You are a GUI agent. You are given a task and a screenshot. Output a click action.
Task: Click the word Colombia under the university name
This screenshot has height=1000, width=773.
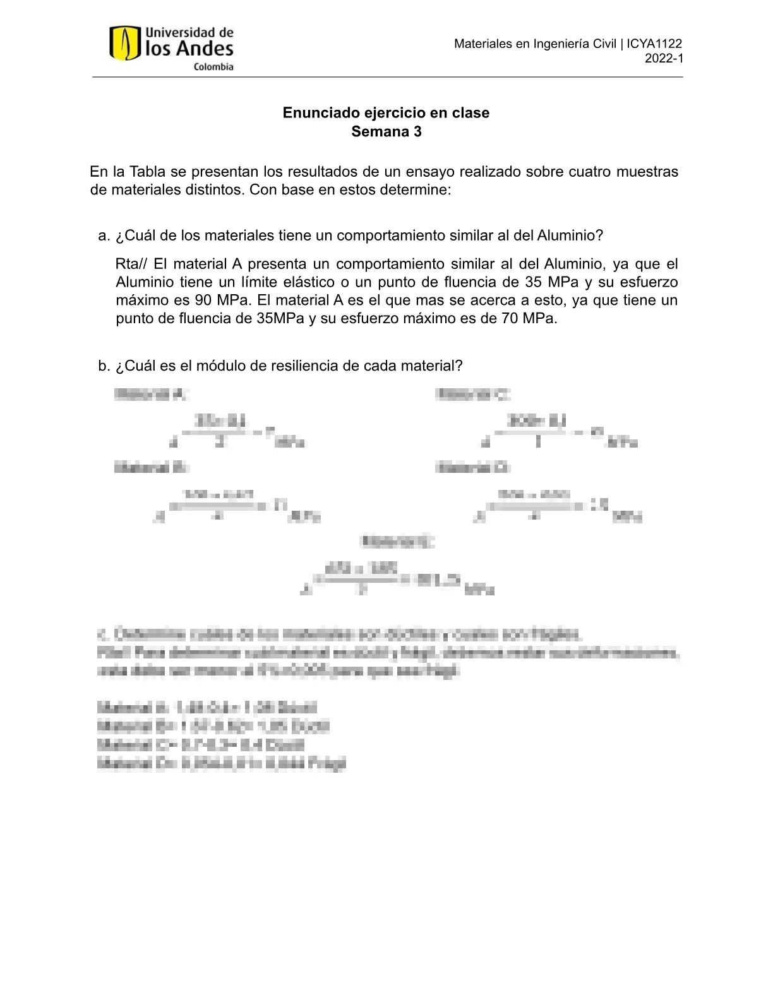click(213, 67)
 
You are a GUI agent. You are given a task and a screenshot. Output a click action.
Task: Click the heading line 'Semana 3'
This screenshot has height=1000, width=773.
click(386, 132)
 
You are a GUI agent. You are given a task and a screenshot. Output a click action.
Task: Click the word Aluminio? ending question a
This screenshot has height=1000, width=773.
click(570, 236)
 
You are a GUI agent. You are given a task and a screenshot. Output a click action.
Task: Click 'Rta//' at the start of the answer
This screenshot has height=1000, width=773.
click(132, 264)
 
